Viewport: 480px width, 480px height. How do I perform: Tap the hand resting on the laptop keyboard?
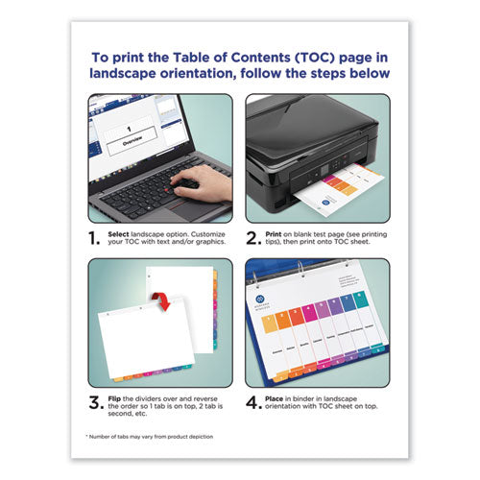(x=204, y=182)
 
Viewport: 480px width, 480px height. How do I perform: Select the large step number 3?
(x=96, y=402)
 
